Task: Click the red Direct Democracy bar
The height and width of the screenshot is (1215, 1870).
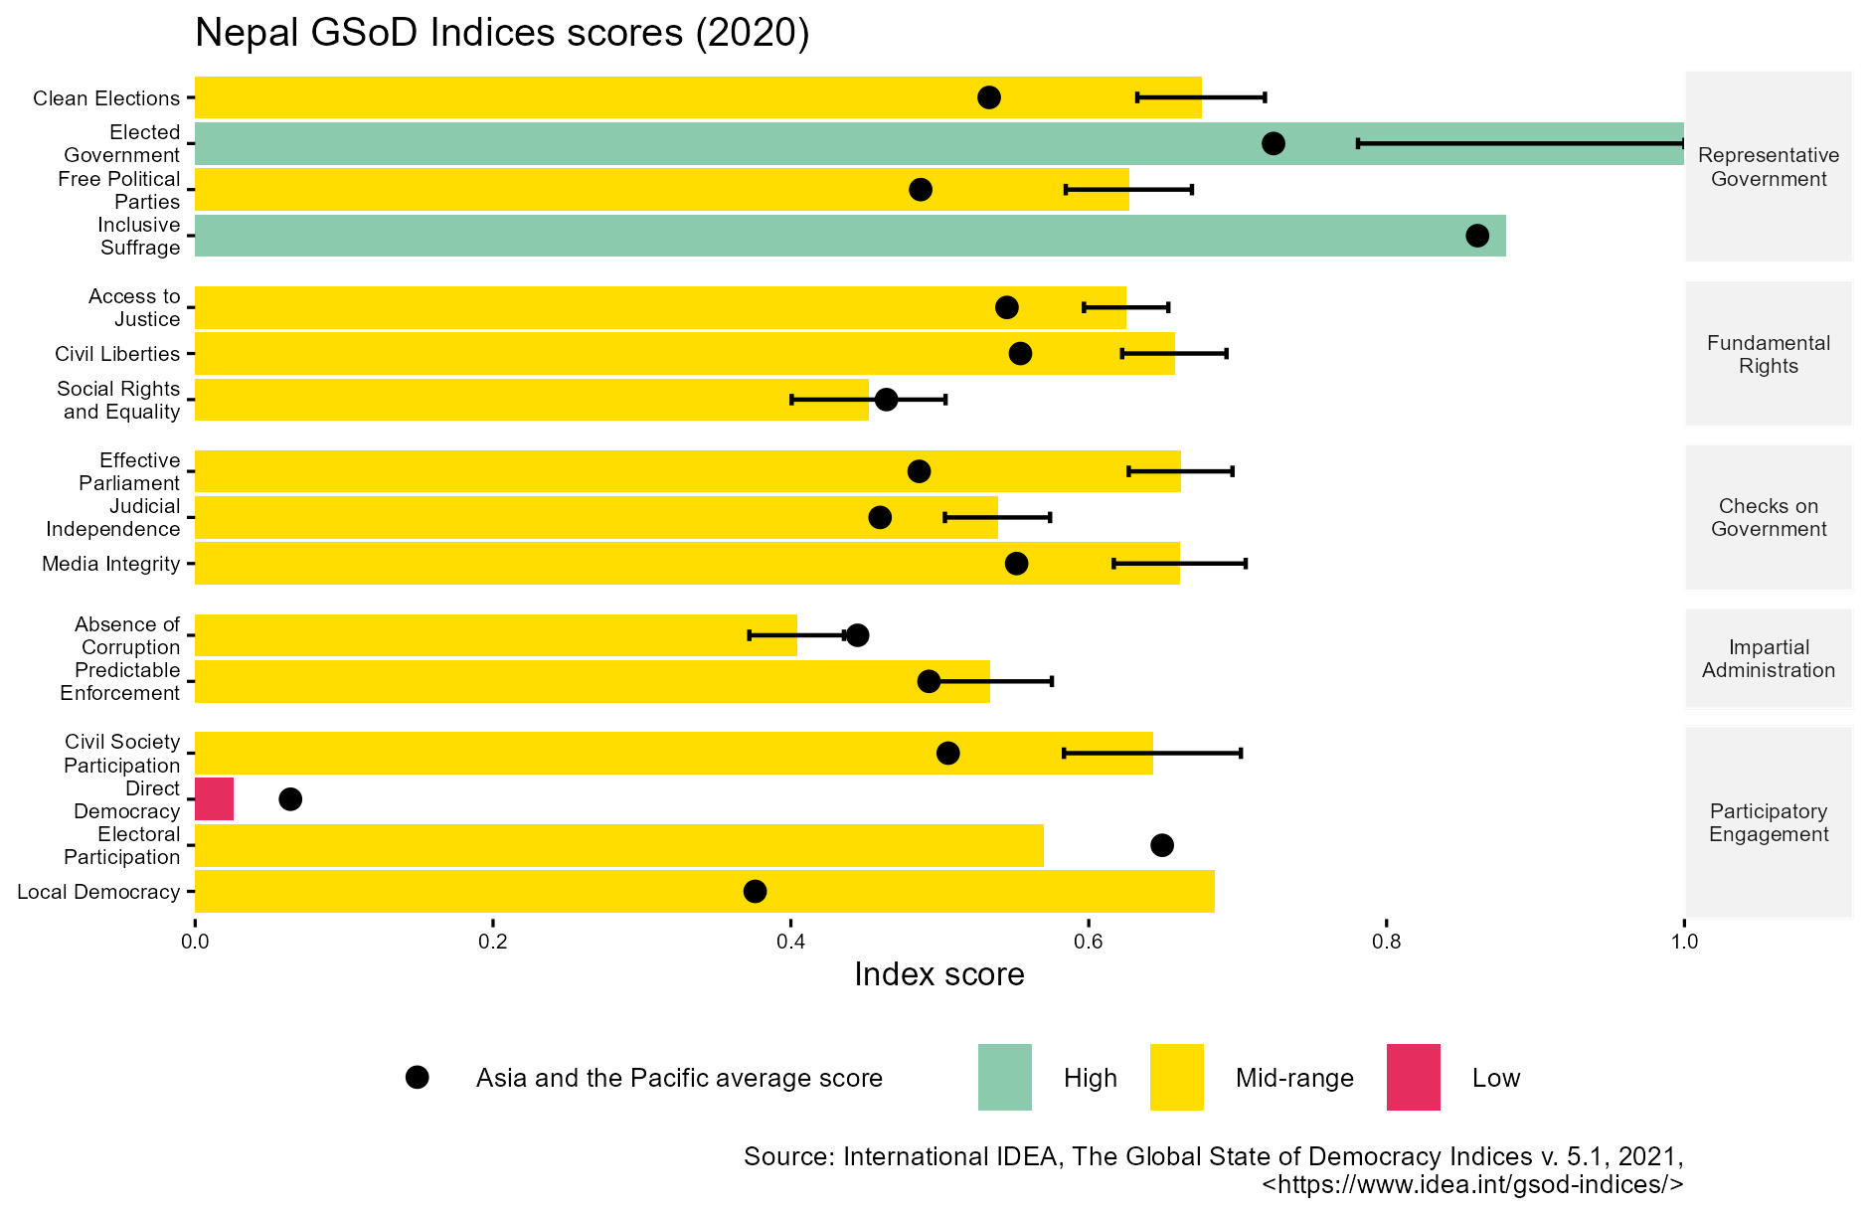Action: [214, 799]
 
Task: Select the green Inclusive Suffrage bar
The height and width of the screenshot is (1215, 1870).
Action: [850, 236]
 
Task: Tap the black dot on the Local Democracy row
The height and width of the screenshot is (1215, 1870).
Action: [756, 891]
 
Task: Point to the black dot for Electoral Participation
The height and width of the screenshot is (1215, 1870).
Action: [1161, 845]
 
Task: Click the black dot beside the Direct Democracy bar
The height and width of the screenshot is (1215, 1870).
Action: [290, 799]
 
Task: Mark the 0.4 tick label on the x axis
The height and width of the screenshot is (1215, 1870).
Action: [790, 941]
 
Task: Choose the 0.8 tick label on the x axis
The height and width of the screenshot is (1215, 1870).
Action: [1386, 941]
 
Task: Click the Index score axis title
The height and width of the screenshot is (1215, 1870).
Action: [938, 974]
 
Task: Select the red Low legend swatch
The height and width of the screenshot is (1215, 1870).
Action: [1413, 1077]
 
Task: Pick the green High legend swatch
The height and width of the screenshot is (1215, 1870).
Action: [1004, 1077]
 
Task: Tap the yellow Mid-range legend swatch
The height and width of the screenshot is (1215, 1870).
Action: [1176, 1077]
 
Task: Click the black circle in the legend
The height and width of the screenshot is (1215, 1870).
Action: [418, 1078]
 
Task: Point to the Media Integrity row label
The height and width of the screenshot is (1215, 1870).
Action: [110, 564]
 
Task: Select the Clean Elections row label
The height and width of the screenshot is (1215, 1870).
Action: [106, 98]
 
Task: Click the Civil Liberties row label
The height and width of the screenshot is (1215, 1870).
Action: [117, 354]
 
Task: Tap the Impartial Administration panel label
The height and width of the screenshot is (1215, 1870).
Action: [1768, 658]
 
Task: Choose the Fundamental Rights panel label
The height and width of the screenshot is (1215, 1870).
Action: [1768, 354]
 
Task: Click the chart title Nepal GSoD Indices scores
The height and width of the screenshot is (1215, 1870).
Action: [502, 33]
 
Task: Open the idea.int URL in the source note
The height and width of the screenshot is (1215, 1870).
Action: [1471, 1184]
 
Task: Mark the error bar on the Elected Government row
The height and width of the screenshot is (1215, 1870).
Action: [1520, 143]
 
